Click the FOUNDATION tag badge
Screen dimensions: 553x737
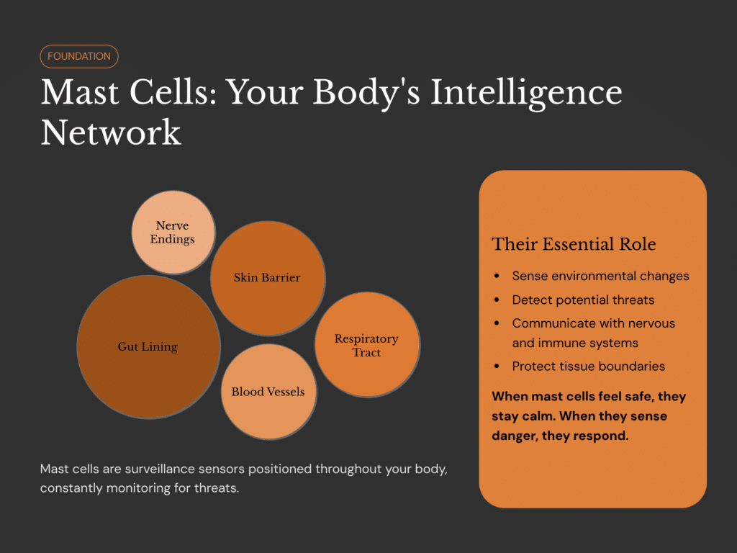point(79,56)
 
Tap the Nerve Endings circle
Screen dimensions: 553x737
point(173,232)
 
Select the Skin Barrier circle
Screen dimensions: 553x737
point(267,277)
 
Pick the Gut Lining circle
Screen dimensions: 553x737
point(148,346)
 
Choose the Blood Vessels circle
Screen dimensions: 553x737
point(268,392)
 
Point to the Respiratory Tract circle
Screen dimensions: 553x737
point(366,345)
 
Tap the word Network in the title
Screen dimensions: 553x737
point(111,132)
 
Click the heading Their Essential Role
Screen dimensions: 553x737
point(574,244)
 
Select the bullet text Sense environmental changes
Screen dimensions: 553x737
point(600,276)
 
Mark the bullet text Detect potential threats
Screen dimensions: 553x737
point(583,300)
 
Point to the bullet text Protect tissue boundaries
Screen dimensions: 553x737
point(588,366)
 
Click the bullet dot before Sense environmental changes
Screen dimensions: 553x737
point(497,276)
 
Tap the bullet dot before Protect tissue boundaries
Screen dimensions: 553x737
point(497,367)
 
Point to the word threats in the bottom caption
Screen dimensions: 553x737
point(214,489)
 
